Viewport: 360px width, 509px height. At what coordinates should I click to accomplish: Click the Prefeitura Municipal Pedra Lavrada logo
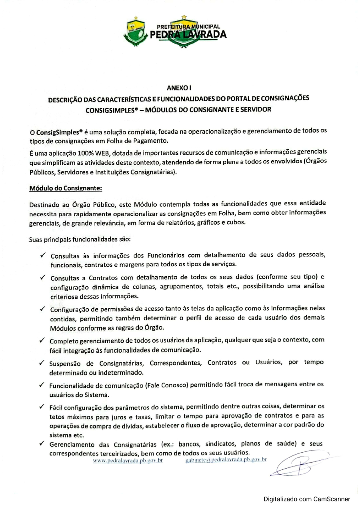175,32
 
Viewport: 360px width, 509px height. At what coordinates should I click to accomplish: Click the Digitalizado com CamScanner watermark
306,499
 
